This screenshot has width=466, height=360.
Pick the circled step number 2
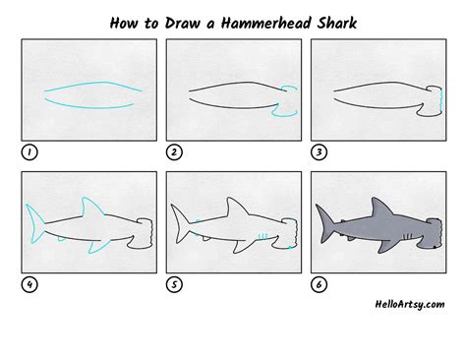click(x=173, y=152)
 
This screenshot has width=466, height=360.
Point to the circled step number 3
click(x=318, y=152)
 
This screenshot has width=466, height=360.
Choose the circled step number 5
click(x=173, y=285)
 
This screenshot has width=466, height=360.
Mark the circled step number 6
click(x=318, y=285)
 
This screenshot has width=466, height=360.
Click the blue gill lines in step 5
click(x=263, y=235)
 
